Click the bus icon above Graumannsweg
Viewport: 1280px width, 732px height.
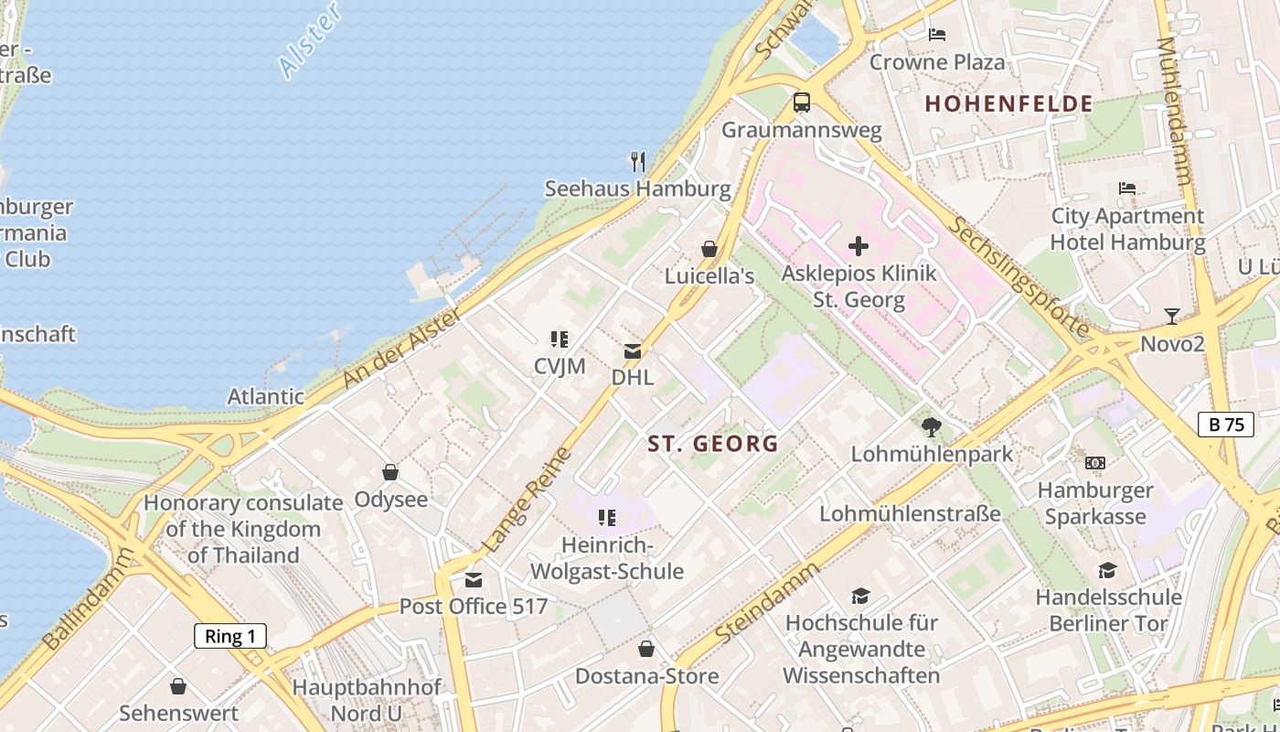802,102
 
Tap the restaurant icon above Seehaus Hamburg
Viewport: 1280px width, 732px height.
638,162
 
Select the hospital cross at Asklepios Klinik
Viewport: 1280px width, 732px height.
859,245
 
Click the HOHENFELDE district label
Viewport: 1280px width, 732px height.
1008,103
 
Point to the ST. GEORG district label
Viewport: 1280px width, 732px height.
713,444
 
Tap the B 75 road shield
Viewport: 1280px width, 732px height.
1226,424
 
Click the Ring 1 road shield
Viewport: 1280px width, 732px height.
230,636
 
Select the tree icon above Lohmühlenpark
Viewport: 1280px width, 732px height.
932,425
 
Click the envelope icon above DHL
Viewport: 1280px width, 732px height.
633,350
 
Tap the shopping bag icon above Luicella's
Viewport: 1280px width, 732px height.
709,249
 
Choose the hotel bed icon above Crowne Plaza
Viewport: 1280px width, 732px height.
937,35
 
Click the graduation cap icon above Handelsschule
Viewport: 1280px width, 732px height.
1108,571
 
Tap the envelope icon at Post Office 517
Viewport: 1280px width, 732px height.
474,580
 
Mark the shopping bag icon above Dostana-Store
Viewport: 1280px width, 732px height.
646,650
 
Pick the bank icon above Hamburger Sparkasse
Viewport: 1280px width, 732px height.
1095,463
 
